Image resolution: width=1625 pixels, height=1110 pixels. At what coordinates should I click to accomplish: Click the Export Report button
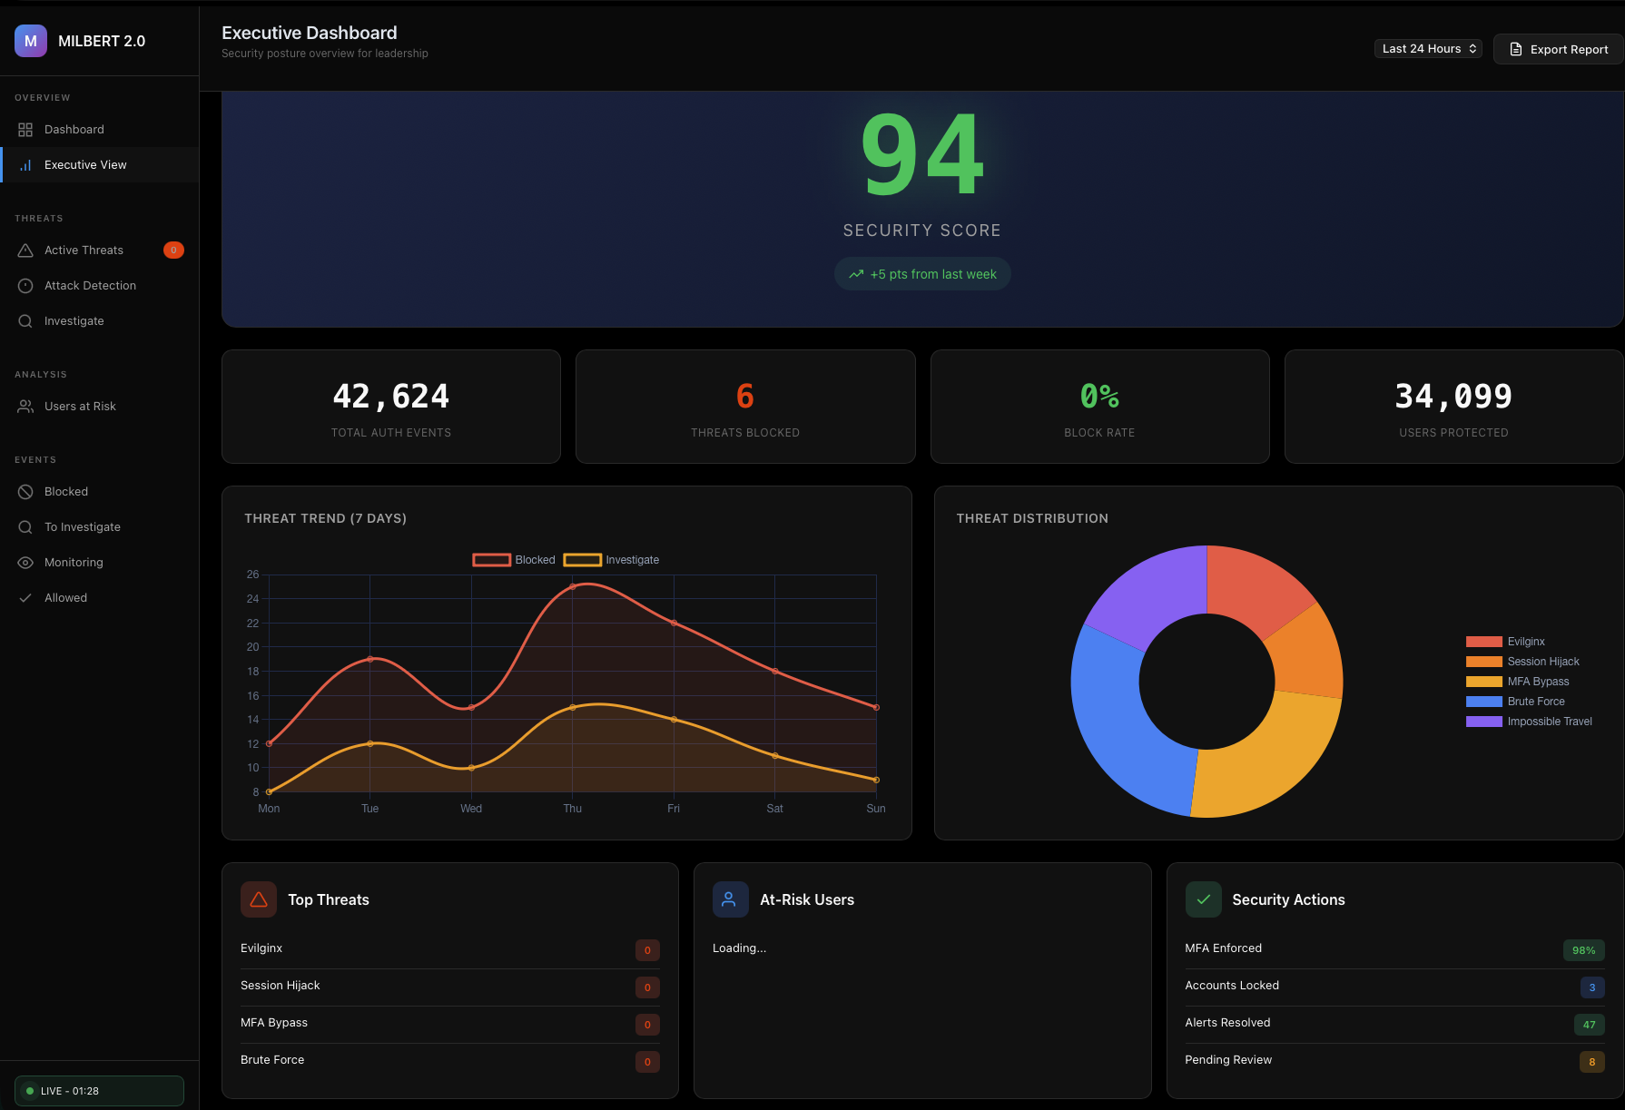(x=1559, y=49)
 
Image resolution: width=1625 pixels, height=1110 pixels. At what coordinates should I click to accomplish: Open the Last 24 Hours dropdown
(x=1428, y=49)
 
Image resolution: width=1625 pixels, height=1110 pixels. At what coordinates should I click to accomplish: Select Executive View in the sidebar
(x=85, y=165)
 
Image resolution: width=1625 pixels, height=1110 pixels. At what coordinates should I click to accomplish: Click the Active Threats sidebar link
(x=84, y=250)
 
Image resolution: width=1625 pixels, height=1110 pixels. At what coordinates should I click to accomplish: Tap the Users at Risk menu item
(x=80, y=407)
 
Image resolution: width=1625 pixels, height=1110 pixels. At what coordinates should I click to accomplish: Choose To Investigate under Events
(x=82, y=527)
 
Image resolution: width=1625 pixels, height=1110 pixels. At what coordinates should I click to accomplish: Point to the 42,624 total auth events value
(x=390, y=397)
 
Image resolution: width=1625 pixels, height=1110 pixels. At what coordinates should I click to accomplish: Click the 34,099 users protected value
(x=1453, y=397)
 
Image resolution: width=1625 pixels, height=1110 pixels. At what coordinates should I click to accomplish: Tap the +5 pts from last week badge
(x=922, y=274)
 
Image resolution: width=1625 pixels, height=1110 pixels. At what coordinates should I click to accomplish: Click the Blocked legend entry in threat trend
(x=514, y=560)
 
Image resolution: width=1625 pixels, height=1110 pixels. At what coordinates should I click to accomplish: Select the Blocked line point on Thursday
(x=573, y=587)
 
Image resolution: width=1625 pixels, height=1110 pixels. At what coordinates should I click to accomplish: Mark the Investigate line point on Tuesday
(x=370, y=744)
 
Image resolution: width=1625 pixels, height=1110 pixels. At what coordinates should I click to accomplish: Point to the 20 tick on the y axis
(x=252, y=647)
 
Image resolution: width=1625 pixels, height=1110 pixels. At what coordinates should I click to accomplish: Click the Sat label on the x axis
(x=774, y=809)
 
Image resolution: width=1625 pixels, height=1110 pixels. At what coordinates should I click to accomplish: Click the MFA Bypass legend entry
(x=1537, y=682)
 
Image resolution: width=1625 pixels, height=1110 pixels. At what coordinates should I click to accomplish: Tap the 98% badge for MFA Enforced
(x=1583, y=950)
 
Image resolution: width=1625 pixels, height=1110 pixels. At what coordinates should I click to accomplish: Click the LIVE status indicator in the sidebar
(x=99, y=1091)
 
